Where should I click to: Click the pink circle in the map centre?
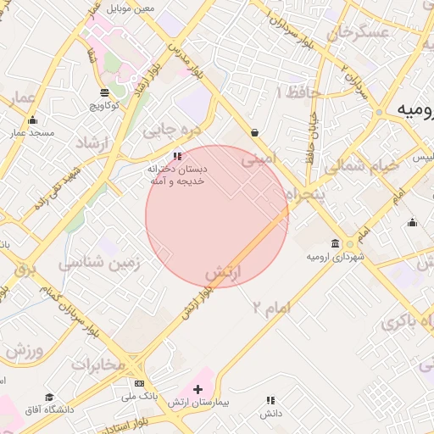pyautogui.click(x=217, y=216)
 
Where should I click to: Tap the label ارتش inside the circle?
pyautogui.click(x=225, y=273)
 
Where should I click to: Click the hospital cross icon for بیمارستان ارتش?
pyautogui.click(x=198, y=389)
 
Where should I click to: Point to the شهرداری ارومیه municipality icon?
pyautogui.click(x=337, y=243)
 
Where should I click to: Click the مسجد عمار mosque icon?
pyautogui.click(x=32, y=120)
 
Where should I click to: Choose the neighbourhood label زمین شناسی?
pyautogui.click(x=100, y=264)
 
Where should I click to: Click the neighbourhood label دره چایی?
pyautogui.click(x=170, y=131)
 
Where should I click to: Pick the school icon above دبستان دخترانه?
pyautogui.click(x=177, y=156)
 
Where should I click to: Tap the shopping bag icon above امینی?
pyautogui.click(x=255, y=132)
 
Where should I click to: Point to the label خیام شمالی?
pyautogui.click(x=360, y=166)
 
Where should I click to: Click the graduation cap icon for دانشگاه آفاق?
pyautogui.click(x=49, y=397)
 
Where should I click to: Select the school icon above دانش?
pyautogui.click(x=271, y=400)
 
